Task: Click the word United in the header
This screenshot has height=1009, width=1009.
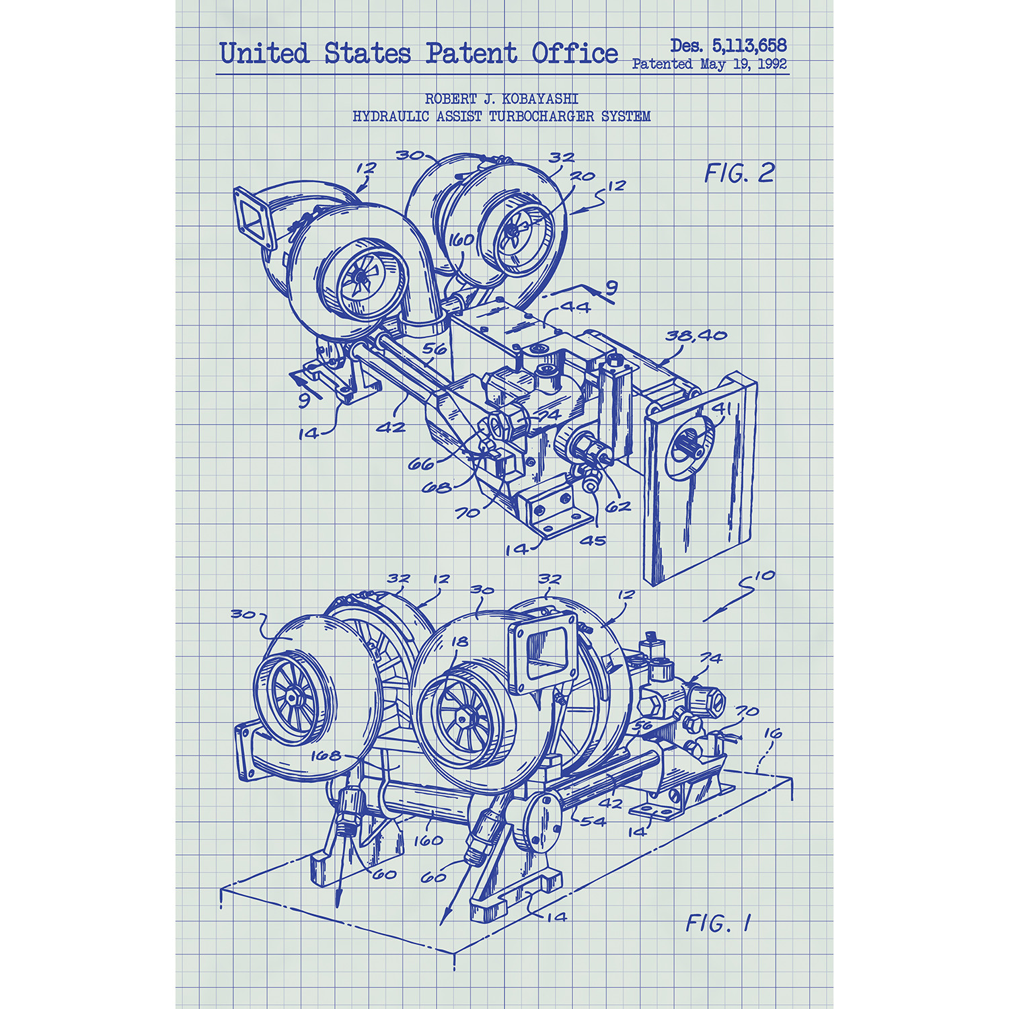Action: [x=264, y=53]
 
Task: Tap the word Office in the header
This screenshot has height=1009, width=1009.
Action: [x=574, y=53]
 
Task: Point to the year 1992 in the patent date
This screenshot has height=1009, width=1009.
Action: [x=772, y=64]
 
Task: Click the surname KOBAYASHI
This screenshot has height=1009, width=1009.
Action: [x=540, y=99]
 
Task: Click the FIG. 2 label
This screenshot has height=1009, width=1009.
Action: [x=739, y=174]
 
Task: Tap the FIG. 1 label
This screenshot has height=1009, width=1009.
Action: [x=718, y=923]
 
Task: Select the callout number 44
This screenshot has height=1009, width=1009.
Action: [x=575, y=307]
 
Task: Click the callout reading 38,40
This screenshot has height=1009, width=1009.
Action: [x=696, y=335]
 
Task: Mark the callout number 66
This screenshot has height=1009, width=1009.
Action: [x=421, y=464]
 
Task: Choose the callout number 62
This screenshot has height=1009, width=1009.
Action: [x=618, y=507]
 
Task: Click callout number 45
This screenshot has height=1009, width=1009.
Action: [x=593, y=540]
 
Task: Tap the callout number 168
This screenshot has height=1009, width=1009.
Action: [x=326, y=755]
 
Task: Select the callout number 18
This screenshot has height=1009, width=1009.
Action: [x=460, y=642]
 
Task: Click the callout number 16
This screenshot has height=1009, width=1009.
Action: [x=773, y=733]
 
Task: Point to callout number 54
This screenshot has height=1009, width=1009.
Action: [x=593, y=821]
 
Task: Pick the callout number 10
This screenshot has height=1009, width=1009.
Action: [x=765, y=576]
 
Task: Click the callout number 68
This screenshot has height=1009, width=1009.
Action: [x=436, y=487]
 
